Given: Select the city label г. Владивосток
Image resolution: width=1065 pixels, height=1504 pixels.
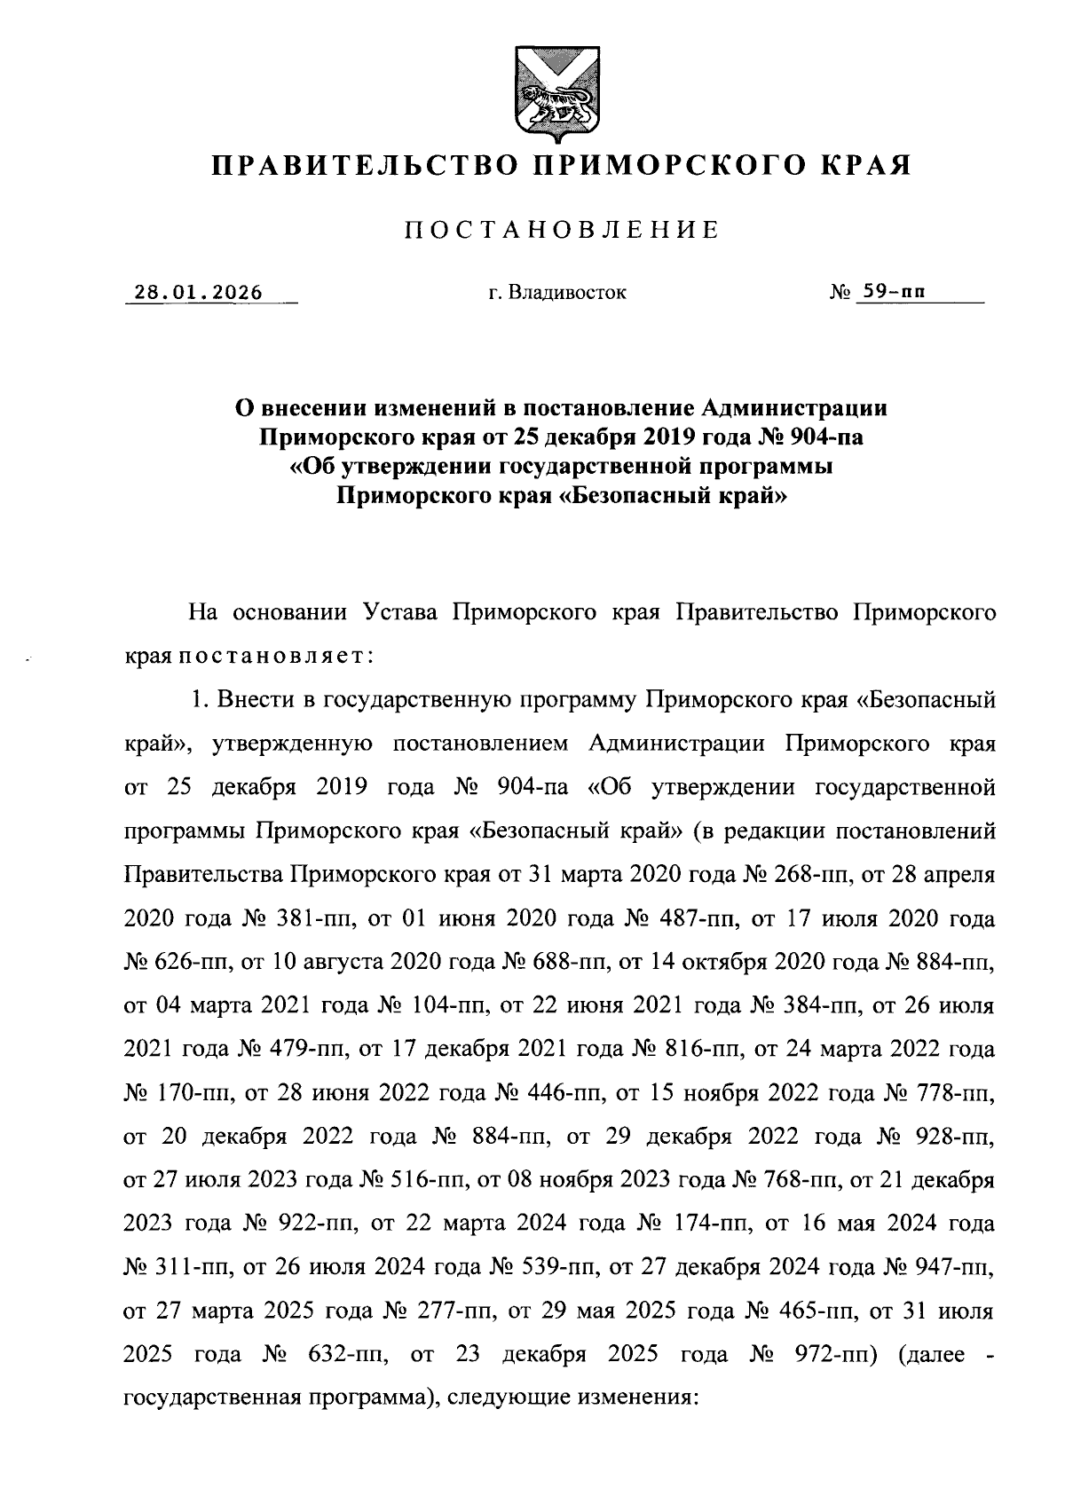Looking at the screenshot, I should click(x=557, y=292).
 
